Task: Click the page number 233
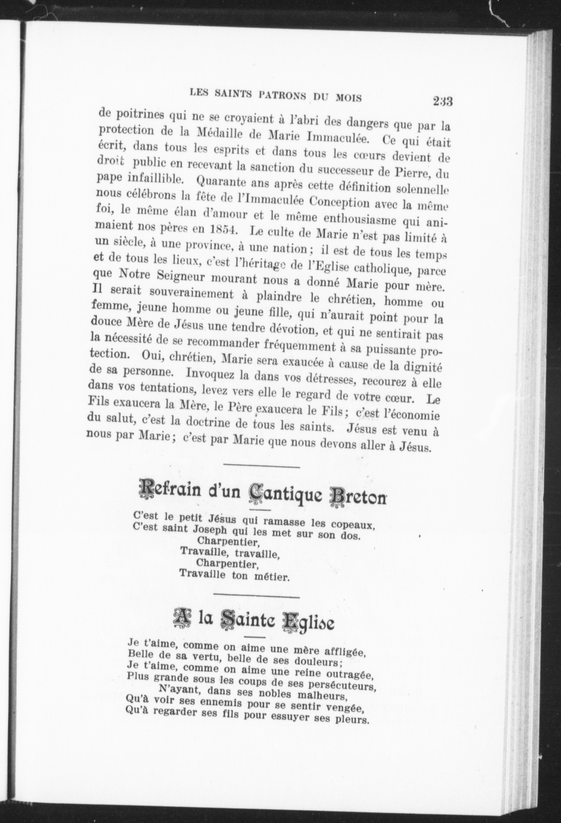tap(442, 102)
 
